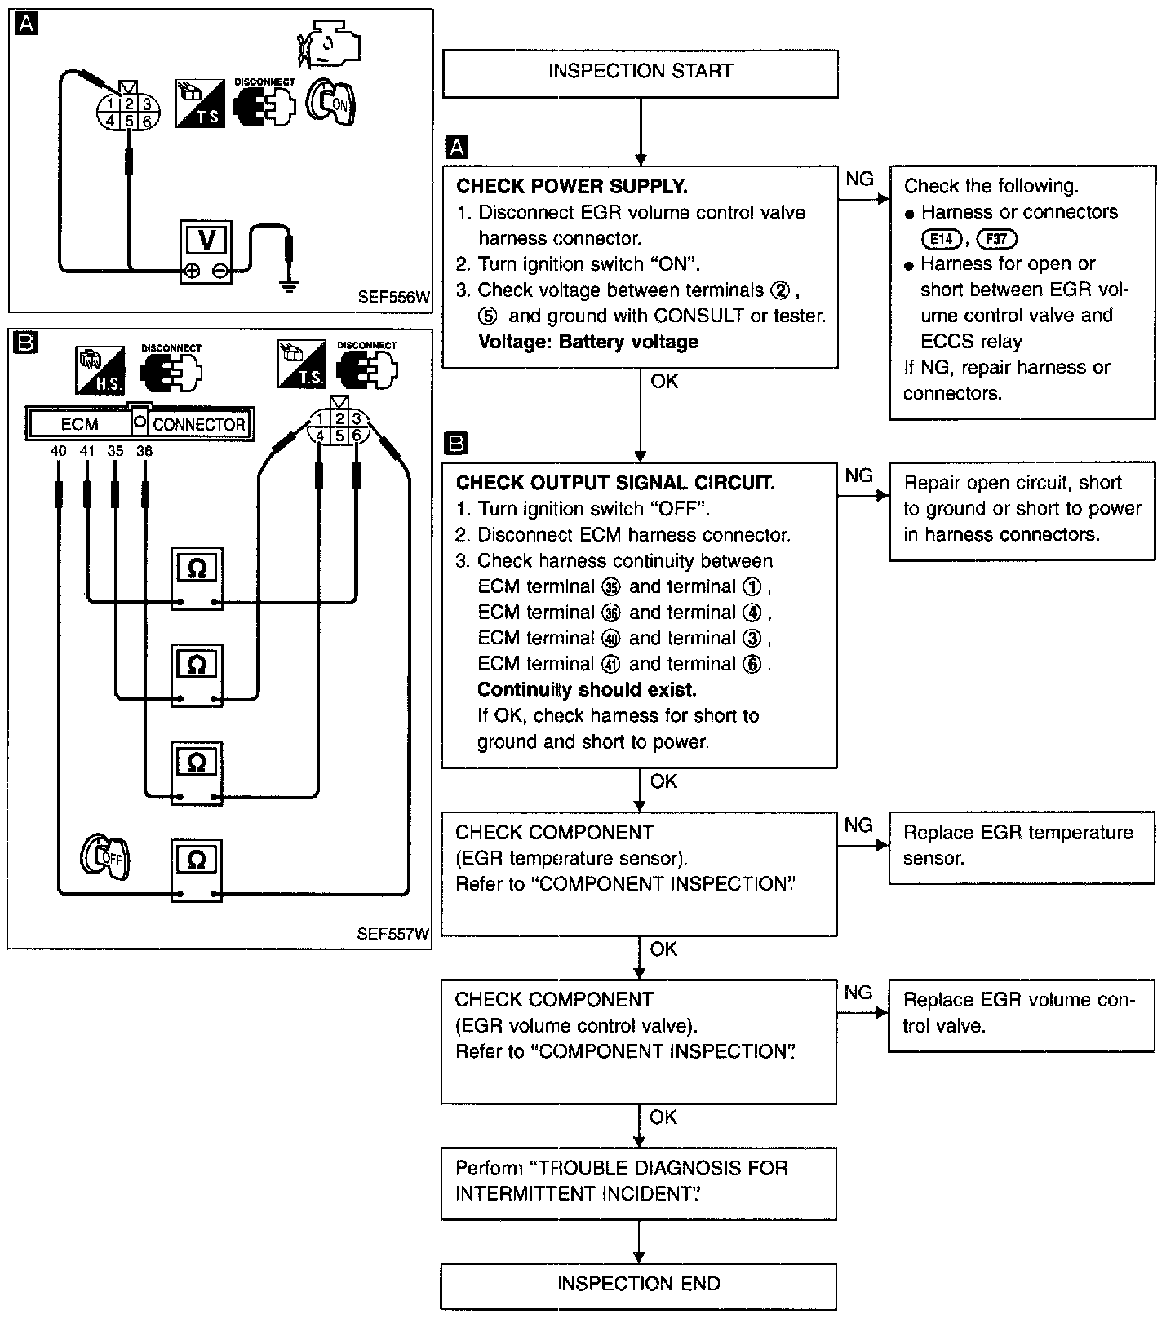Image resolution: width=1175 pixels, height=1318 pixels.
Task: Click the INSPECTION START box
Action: coord(640,73)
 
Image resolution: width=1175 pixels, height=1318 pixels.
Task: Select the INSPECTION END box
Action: coord(639,1286)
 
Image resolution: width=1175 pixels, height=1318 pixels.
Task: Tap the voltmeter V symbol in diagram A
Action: coord(206,240)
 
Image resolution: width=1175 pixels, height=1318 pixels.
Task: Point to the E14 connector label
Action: coord(941,239)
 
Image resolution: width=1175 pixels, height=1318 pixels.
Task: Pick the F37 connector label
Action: coord(996,239)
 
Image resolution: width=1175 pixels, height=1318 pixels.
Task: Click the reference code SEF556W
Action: coord(394,298)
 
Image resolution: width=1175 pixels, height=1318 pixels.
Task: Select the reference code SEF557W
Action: coord(393,934)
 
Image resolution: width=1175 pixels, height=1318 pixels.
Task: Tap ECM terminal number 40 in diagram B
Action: coord(58,451)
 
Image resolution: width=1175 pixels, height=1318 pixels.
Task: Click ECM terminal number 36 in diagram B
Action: coord(144,451)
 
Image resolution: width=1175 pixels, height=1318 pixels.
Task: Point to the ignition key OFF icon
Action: coord(104,857)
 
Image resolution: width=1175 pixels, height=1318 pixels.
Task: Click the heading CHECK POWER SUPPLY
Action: coord(572,187)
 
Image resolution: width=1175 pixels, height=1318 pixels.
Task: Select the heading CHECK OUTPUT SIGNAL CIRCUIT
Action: coord(615,483)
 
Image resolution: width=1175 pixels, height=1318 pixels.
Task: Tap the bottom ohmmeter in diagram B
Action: coord(197,870)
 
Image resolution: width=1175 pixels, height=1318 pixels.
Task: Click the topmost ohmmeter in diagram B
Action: coord(197,578)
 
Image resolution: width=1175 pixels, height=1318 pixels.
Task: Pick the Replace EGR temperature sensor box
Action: coord(1022,847)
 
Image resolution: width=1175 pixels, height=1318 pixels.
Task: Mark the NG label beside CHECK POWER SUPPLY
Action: coord(859,179)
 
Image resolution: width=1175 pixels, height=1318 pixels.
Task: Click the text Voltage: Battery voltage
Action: coord(587,342)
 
